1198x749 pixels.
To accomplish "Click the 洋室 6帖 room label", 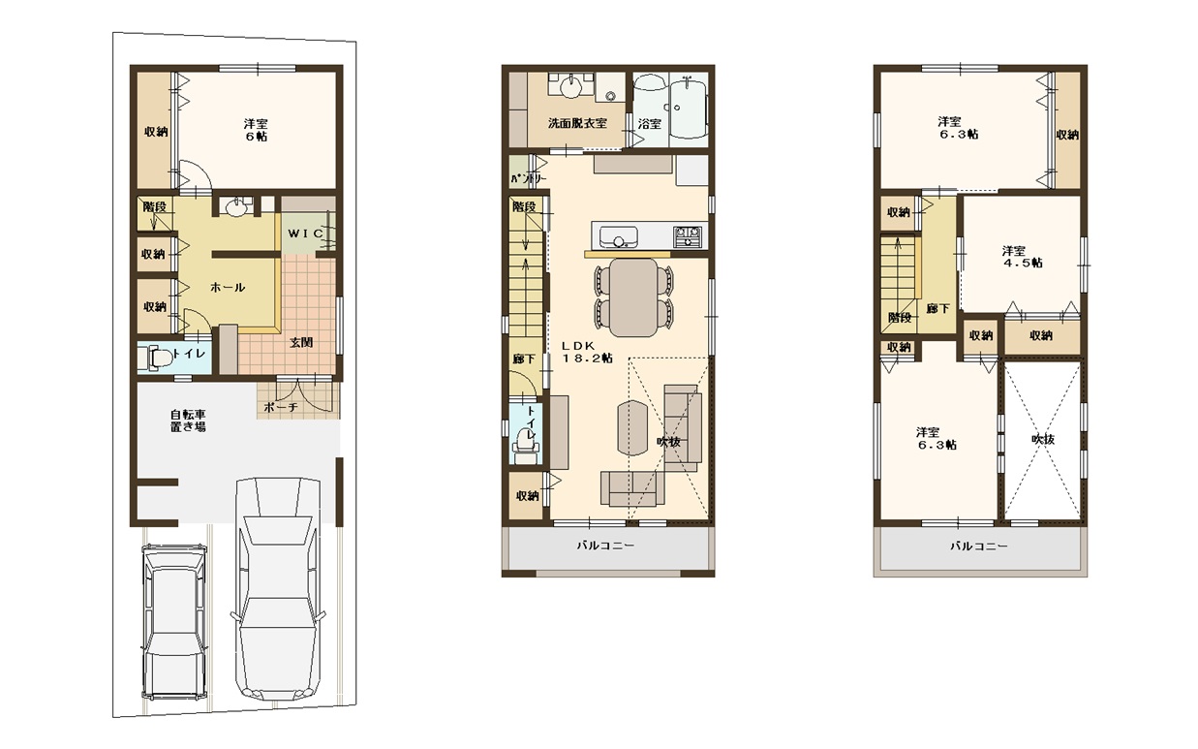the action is (x=257, y=130).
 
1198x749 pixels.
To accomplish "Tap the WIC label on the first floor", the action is (x=305, y=234).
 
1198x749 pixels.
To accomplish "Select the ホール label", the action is (x=228, y=288).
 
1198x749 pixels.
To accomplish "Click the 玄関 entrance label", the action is (x=301, y=342).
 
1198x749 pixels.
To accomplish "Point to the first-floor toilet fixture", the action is (x=154, y=358).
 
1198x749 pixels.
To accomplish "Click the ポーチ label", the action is (x=281, y=407).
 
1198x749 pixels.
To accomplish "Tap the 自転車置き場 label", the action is (x=188, y=421).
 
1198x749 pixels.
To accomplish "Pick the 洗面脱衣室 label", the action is (x=577, y=123).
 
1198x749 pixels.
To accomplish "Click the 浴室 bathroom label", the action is (x=649, y=124).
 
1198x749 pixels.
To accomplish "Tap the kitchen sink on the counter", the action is (x=618, y=236).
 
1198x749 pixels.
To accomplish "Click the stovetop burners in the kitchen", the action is (x=688, y=235).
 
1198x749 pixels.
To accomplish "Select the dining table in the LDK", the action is (x=633, y=297).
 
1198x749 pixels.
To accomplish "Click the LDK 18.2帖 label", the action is (x=587, y=352).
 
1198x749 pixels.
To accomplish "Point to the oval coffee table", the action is (x=632, y=428).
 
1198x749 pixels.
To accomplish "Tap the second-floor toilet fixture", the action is (x=526, y=448).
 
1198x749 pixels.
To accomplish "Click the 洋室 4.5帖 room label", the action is (x=1022, y=257).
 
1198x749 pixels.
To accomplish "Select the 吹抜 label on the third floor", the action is (x=1042, y=439).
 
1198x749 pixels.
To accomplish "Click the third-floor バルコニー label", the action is (x=979, y=546).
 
